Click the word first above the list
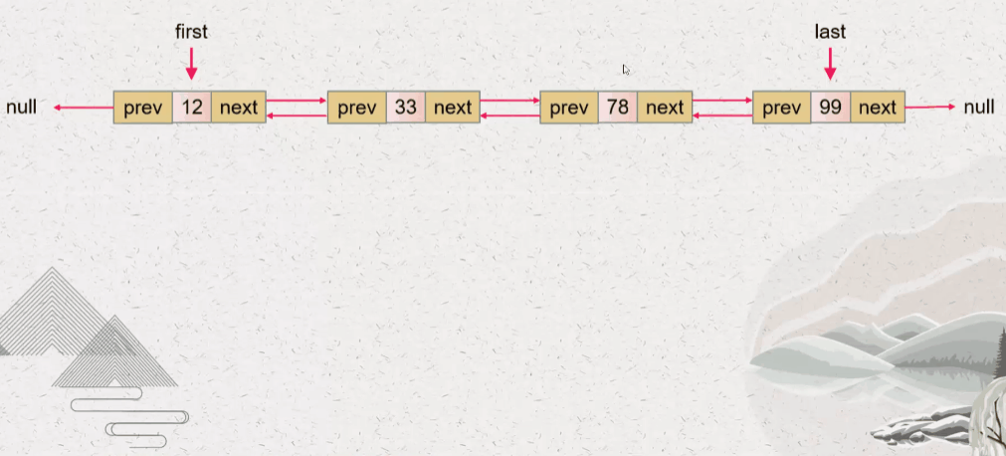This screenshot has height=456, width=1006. tap(191, 32)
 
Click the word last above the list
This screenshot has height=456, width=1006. tap(830, 32)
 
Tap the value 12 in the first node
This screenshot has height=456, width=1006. tap(192, 107)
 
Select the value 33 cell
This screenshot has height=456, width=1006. tap(405, 107)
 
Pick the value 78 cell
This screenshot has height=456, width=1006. tap(618, 107)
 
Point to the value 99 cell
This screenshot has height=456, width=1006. tap(830, 107)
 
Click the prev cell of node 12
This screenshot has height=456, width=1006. tap(143, 107)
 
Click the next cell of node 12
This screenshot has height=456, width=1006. tap(239, 107)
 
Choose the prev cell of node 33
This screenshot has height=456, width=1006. tap(356, 107)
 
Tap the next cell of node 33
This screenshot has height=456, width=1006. tap(453, 107)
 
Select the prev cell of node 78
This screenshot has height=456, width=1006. tap(569, 107)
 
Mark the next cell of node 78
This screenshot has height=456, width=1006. tap(665, 107)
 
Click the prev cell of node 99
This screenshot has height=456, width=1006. tap(782, 107)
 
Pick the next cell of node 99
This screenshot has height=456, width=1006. tap(877, 107)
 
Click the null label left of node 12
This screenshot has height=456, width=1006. tap(21, 107)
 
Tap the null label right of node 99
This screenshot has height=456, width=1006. tap(979, 107)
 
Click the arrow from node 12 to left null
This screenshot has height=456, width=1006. tap(84, 107)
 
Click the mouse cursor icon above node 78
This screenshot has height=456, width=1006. tap(626, 70)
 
